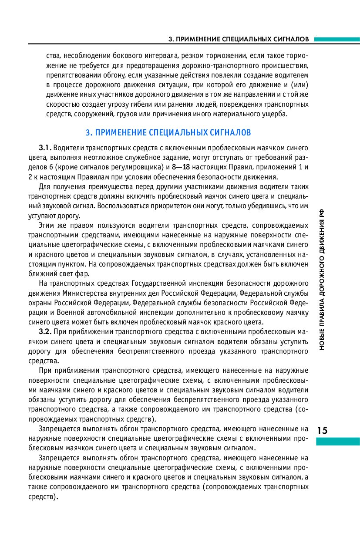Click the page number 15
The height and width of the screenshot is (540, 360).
tap(323, 430)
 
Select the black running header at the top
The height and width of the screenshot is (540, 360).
tap(239, 39)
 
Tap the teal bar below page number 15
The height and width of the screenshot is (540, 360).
tap(338, 442)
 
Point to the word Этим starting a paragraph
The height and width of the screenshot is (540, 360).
tap(47, 226)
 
